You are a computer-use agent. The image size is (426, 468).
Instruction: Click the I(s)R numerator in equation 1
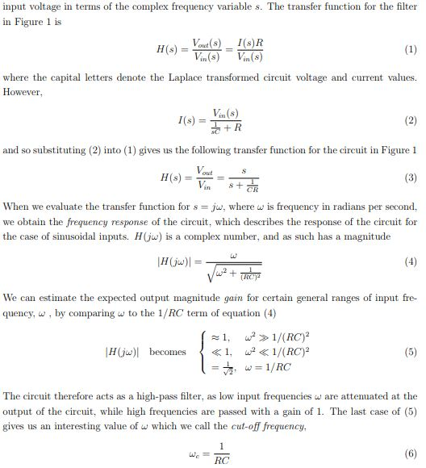244,41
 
